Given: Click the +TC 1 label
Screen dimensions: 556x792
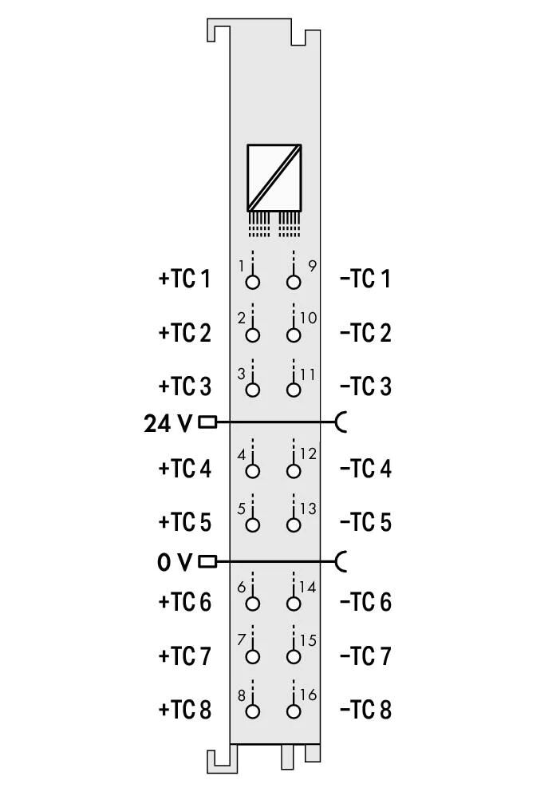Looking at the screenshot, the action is coord(184,279).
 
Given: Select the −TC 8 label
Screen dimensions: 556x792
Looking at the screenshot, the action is coord(366,710).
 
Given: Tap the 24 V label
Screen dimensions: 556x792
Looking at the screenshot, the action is coord(168,423).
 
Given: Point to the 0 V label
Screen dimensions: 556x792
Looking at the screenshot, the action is coord(175,562).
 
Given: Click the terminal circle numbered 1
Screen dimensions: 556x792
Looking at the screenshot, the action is coord(252,282).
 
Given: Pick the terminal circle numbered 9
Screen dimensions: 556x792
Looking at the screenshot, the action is coord(293,282).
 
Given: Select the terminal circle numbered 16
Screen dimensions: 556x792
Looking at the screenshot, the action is coord(293,711).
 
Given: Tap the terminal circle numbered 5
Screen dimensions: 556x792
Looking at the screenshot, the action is coord(252,525).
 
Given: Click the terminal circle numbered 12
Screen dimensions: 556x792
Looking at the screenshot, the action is coord(293,471).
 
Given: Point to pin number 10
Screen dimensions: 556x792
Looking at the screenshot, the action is coord(308,318).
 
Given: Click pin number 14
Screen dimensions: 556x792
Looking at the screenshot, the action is coord(308,587).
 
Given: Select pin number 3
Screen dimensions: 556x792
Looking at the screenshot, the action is coord(241,374).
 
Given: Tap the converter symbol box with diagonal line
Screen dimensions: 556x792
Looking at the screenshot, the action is coord(274,178).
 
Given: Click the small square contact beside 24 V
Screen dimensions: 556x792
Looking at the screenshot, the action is coord(207,422).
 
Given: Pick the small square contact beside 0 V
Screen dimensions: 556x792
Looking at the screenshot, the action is coord(207,561).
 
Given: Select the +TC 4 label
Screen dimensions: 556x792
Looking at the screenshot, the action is coord(184,469).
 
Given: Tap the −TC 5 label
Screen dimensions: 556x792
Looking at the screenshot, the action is coord(366,522).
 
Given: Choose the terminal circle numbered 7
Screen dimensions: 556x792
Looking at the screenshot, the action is coord(252,656).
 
